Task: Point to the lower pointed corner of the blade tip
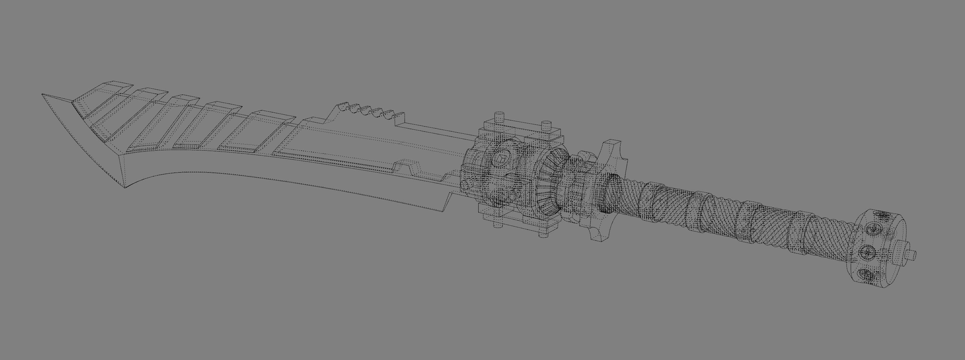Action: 124,187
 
